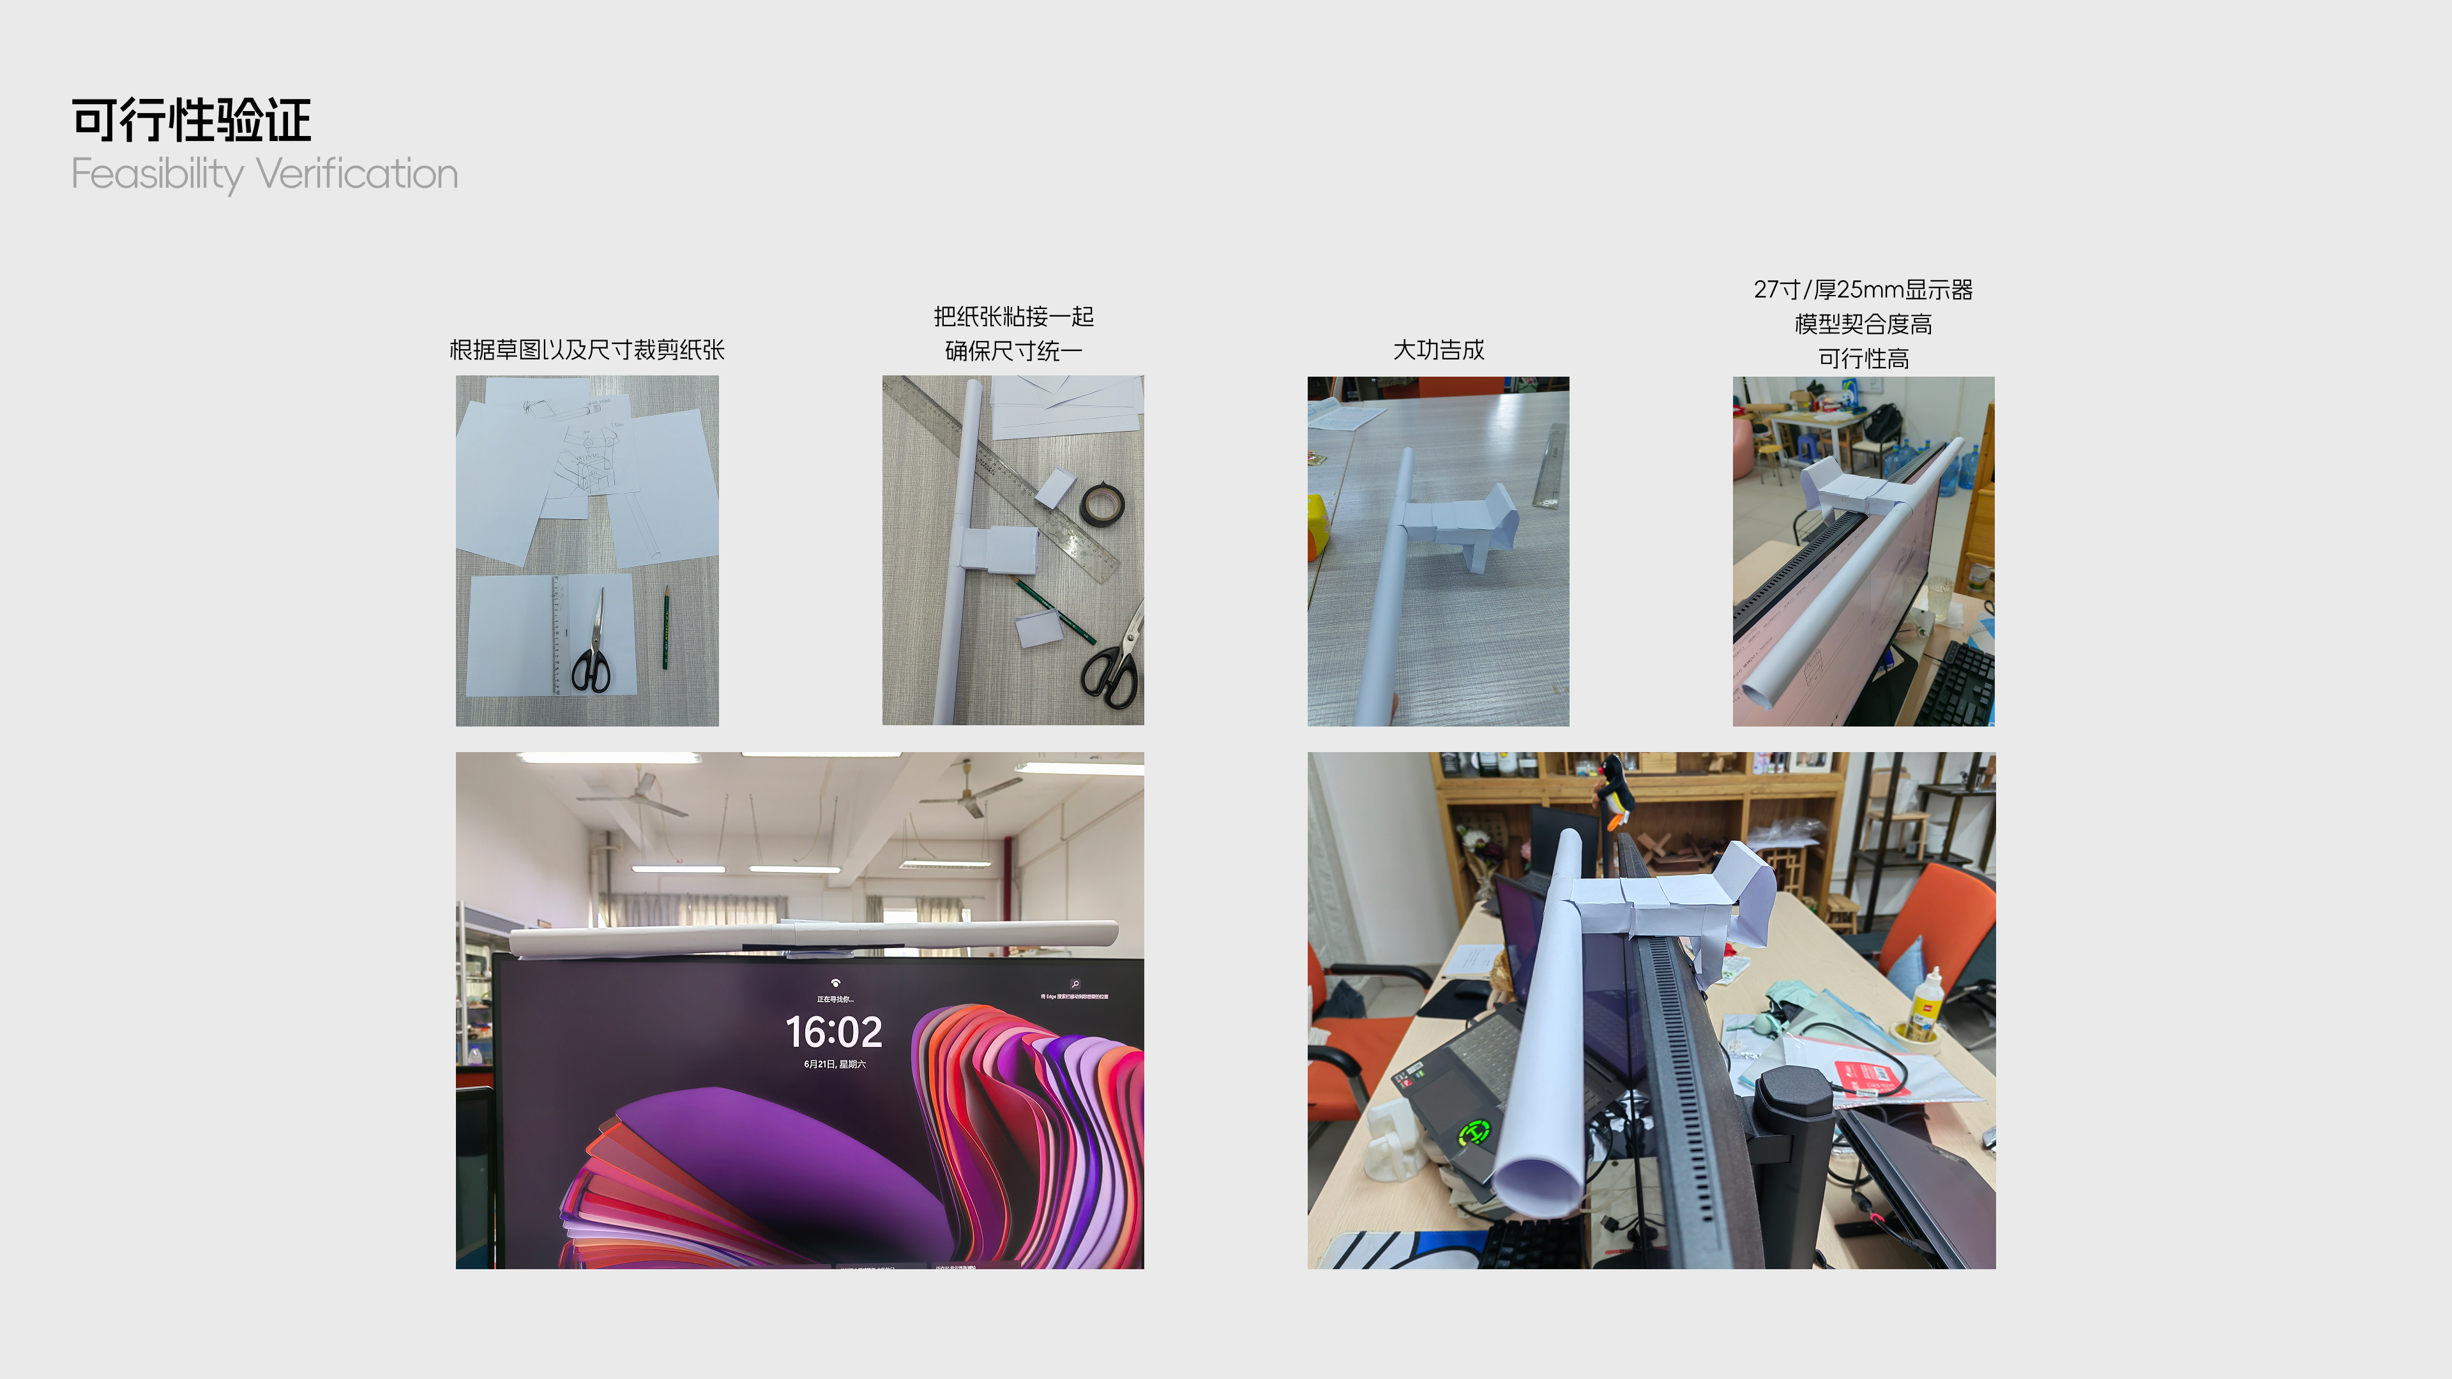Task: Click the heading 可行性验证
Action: point(192,121)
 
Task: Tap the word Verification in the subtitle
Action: point(357,174)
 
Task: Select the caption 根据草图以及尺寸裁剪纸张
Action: point(586,350)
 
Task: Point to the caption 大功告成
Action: point(1438,350)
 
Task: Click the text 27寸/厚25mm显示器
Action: point(1863,289)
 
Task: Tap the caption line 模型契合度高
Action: point(1863,324)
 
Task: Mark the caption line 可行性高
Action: point(1863,359)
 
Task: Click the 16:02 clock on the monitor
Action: point(834,1032)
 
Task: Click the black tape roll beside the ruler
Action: point(1101,504)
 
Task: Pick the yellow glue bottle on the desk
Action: point(1926,1005)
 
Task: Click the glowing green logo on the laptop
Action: point(1474,1133)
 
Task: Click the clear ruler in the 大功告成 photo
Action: point(1550,465)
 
